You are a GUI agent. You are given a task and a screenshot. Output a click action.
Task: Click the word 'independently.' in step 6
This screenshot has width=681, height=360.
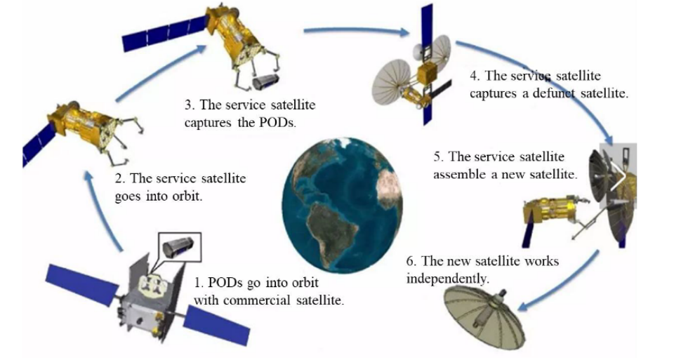coord(447,278)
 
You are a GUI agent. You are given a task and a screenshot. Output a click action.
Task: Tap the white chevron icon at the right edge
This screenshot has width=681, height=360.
coord(619,178)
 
